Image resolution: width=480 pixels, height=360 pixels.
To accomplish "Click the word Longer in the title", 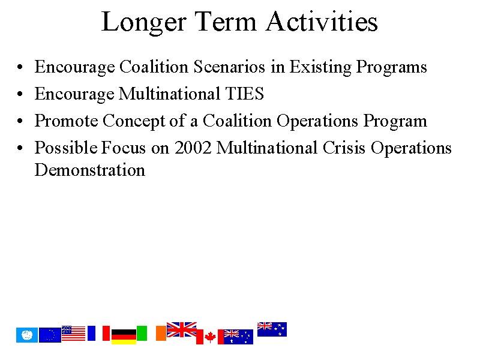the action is click(x=143, y=23).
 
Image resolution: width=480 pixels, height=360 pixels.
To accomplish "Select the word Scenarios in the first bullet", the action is click(x=229, y=67).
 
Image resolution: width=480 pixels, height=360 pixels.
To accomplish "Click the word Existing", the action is click(x=320, y=67).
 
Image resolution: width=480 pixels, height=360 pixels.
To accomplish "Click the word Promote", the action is click(x=66, y=121).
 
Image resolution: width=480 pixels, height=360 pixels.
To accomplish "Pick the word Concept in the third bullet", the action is click(x=134, y=121).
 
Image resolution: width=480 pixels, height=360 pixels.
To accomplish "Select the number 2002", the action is click(x=193, y=148).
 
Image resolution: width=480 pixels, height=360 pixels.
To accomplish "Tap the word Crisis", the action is click(x=344, y=148).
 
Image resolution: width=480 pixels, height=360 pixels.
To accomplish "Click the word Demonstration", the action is click(x=90, y=170).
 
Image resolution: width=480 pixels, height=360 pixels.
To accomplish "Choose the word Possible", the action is click(x=66, y=147).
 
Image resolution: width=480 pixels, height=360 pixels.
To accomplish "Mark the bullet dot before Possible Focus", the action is click(x=20, y=148).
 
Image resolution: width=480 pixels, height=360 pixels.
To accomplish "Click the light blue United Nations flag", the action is click(x=27, y=335).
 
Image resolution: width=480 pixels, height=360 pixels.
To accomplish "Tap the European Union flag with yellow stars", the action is click(x=50, y=335).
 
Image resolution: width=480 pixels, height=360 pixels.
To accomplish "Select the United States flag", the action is click(x=73, y=334).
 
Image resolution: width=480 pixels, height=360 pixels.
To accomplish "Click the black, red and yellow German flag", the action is click(x=124, y=337).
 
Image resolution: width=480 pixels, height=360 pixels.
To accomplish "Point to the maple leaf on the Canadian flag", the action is click(x=210, y=337).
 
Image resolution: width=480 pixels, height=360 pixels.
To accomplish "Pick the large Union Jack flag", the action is click(x=182, y=329).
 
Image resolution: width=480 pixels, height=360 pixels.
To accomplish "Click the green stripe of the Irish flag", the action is click(x=142, y=334).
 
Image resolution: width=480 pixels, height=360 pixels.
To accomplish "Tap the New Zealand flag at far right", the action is click(x=272, y=329).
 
